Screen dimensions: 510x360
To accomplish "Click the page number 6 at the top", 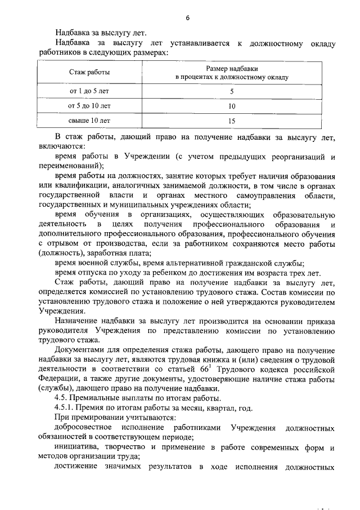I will [187, 18].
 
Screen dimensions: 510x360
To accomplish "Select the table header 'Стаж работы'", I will [89, 73].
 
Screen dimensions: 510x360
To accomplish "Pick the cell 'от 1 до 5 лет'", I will [89, 91].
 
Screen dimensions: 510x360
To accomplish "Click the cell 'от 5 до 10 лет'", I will [89, 105].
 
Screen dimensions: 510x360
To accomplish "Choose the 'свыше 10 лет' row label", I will [89, 120].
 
